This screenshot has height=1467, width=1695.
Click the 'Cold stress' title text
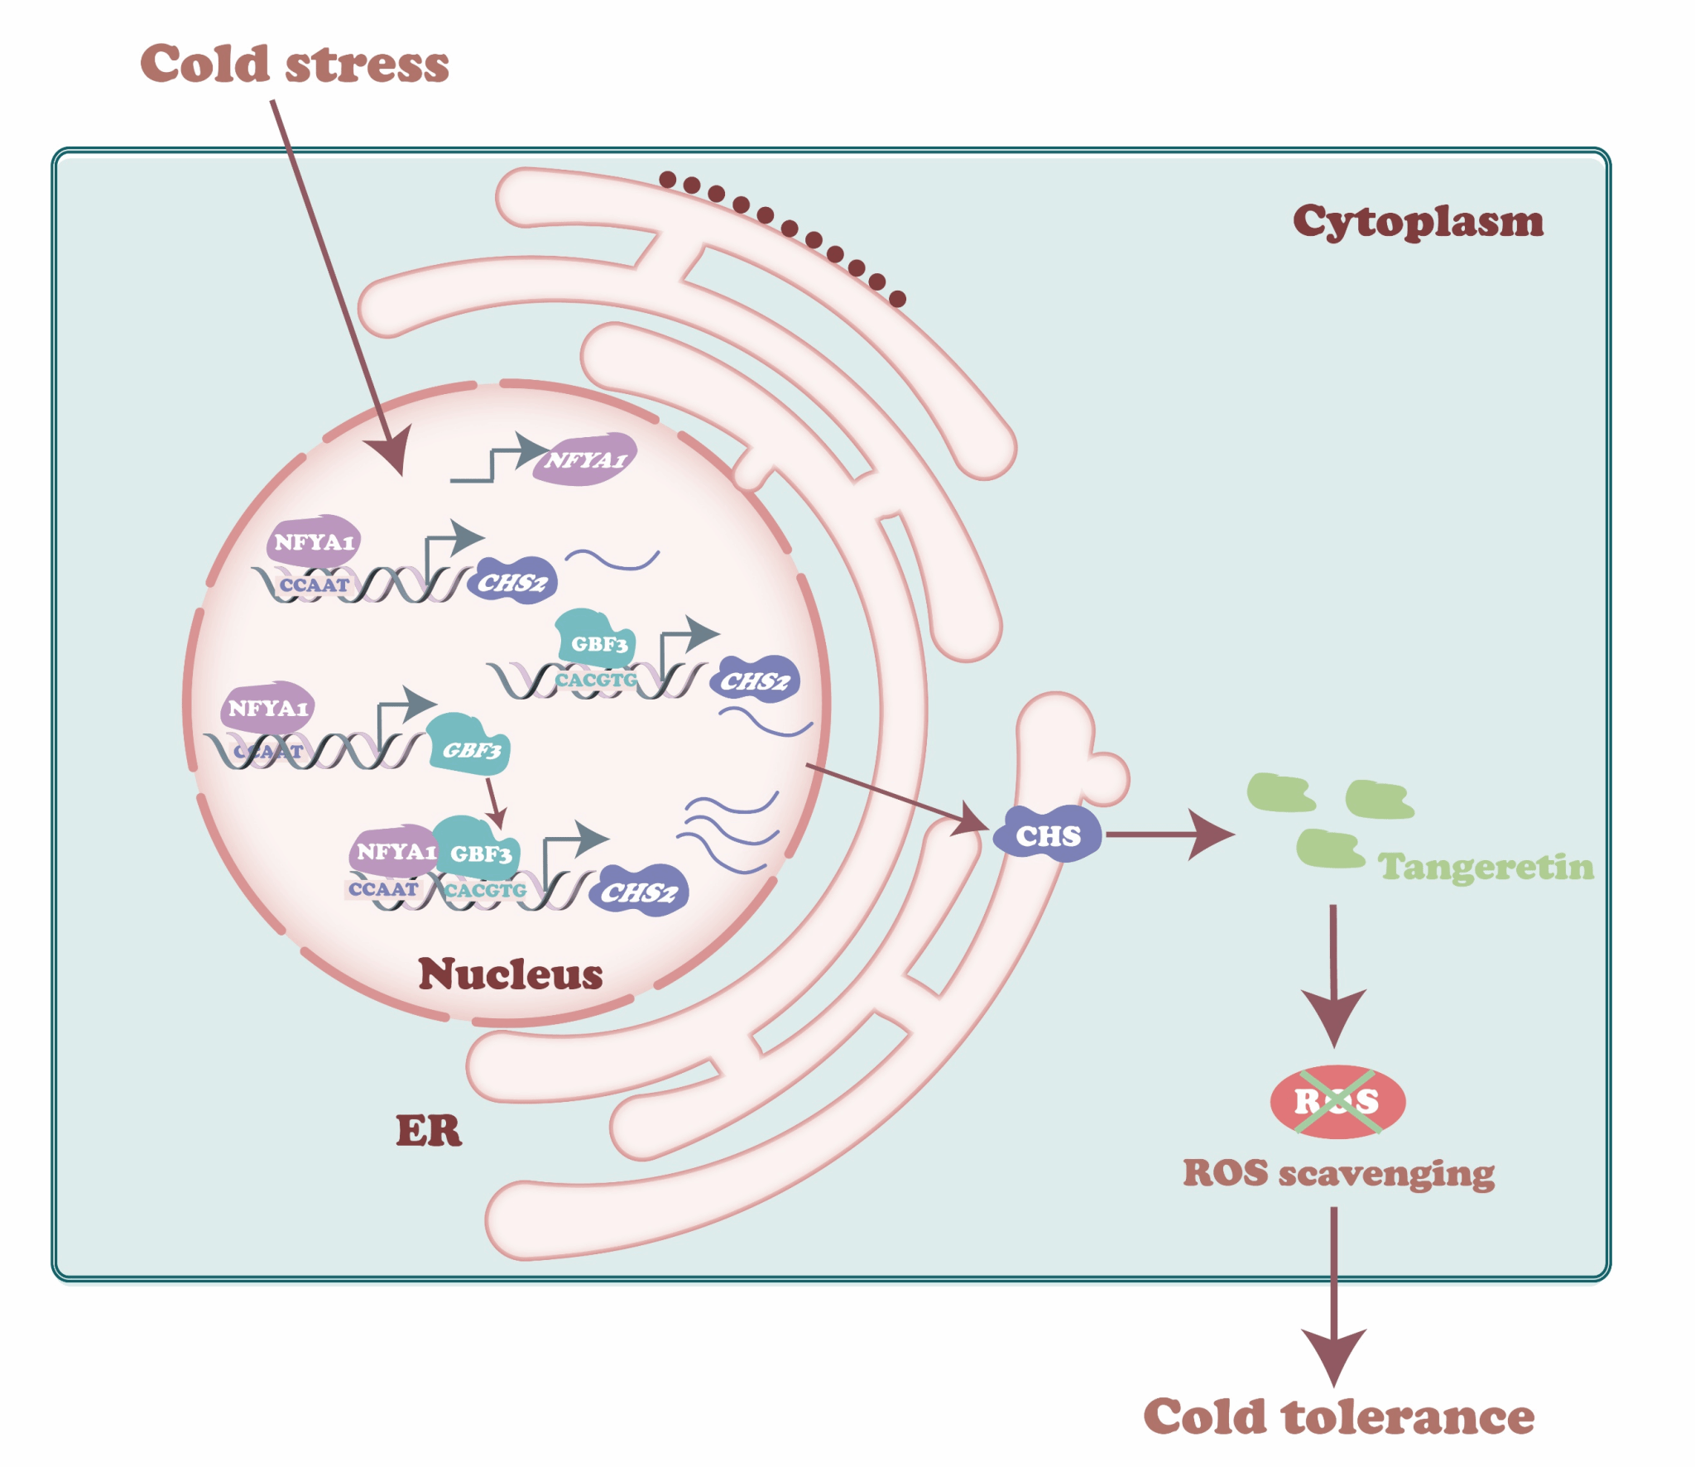click(x=294, y=64)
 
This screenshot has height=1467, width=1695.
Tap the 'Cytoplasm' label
click(x=1417, y=221)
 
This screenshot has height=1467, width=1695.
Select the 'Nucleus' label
click(x=510, y=974)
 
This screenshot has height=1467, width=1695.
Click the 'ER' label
click(x=428, y=1130)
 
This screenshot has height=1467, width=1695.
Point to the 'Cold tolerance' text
click(x=1337, y=1416)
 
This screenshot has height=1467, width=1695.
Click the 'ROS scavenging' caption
click(x=1337, y=1173)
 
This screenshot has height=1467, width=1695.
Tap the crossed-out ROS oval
click(x=1337, y=1101)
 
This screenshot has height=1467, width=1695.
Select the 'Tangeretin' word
click(x=1485, y=867)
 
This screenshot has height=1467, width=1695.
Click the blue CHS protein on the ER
click(x=1048, y=835)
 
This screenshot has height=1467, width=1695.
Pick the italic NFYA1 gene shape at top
click(x=584, y=459)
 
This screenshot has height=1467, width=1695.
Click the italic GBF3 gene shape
click(x=470, y=748)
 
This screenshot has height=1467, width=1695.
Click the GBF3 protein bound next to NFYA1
click(x=478, y=851)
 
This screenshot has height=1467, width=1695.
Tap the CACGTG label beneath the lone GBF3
click(x=596, y=680)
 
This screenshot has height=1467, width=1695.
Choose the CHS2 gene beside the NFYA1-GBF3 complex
click(x=639, y=892)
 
